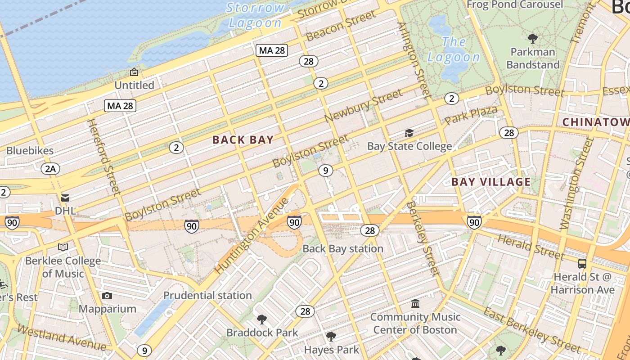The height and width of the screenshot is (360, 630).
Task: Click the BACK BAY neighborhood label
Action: pyautogui.click(x=243, y=140)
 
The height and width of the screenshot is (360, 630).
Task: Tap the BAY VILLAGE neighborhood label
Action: pyautogui.click(x=491, y=182)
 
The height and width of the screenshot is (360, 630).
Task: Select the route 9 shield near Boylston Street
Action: pyautogui.click(x=325, y=171)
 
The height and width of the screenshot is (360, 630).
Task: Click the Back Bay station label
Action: pyautogui.click(x=343, y=249)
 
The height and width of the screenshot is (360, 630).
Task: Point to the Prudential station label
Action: pyautogui.click(x=207, y=296)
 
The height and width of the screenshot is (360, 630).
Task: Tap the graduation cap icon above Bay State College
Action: pyautogui.click(x=409, y=133)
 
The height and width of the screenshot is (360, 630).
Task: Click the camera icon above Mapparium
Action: pyautogui.click(x=107, y=296)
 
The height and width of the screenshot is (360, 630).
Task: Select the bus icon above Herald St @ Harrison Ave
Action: pyautogui.click(x=582, y=264)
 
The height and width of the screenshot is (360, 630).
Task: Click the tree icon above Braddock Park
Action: pyautogui.click(x=261, y=319)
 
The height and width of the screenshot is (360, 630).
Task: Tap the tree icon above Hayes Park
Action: pyautogui.click(x=331, y=337)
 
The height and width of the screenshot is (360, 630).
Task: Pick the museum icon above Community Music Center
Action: pyautogui.click(x=415, y=304)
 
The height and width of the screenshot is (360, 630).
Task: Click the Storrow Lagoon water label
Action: pyautogui.click(x=256, y=15)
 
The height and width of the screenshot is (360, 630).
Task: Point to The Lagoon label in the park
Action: pyautogui.click(x=454, y=49)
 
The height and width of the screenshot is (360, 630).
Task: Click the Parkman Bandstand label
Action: pyautogui.click(x=533, y=58)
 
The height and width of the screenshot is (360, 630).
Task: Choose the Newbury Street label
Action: pyautogui.click(x=363, y=106)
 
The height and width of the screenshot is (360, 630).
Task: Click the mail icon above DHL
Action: pyautogui.click(x=65, y=198)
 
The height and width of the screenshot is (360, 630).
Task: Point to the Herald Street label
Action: pyautogui.click(x=530, y=247)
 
